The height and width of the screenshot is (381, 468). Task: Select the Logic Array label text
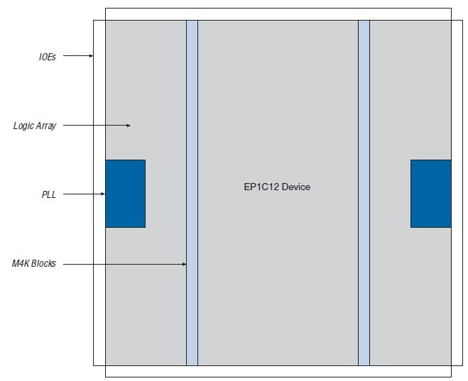35,126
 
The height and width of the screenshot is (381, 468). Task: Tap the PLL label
49,194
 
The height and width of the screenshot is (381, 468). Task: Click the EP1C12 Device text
277,187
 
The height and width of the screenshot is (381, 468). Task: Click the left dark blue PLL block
125,194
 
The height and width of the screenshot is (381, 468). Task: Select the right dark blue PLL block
430,194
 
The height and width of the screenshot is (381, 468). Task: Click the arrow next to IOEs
78,55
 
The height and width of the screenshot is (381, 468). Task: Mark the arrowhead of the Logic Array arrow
129,126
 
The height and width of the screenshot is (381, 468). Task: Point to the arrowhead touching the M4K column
184,264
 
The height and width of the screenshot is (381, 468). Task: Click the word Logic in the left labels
23,126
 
